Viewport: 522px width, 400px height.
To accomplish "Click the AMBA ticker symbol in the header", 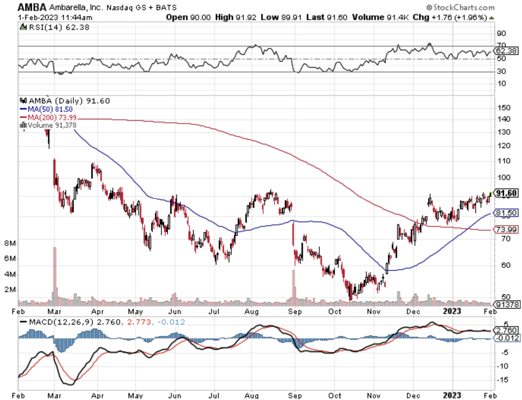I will pyautogui.click(x=28, y=7).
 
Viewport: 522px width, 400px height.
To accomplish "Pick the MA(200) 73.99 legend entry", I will pyautogui.click(x=49, y=117).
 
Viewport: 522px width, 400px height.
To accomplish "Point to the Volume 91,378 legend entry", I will pyautogui.click(x=49, y=125).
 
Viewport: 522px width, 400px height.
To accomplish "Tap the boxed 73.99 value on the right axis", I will pyautogui.click(x=506, y=229).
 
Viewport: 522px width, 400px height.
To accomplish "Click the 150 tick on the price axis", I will pyautogui.click(x=504, y=108).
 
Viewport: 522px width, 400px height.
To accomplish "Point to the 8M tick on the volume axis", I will pyautogui.click(x=10, y=243).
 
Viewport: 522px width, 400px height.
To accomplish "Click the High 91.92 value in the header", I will pyautogui.click(x=236, y=17).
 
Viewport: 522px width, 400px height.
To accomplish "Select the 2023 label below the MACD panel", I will pyautogui.click(x=452, y=396).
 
